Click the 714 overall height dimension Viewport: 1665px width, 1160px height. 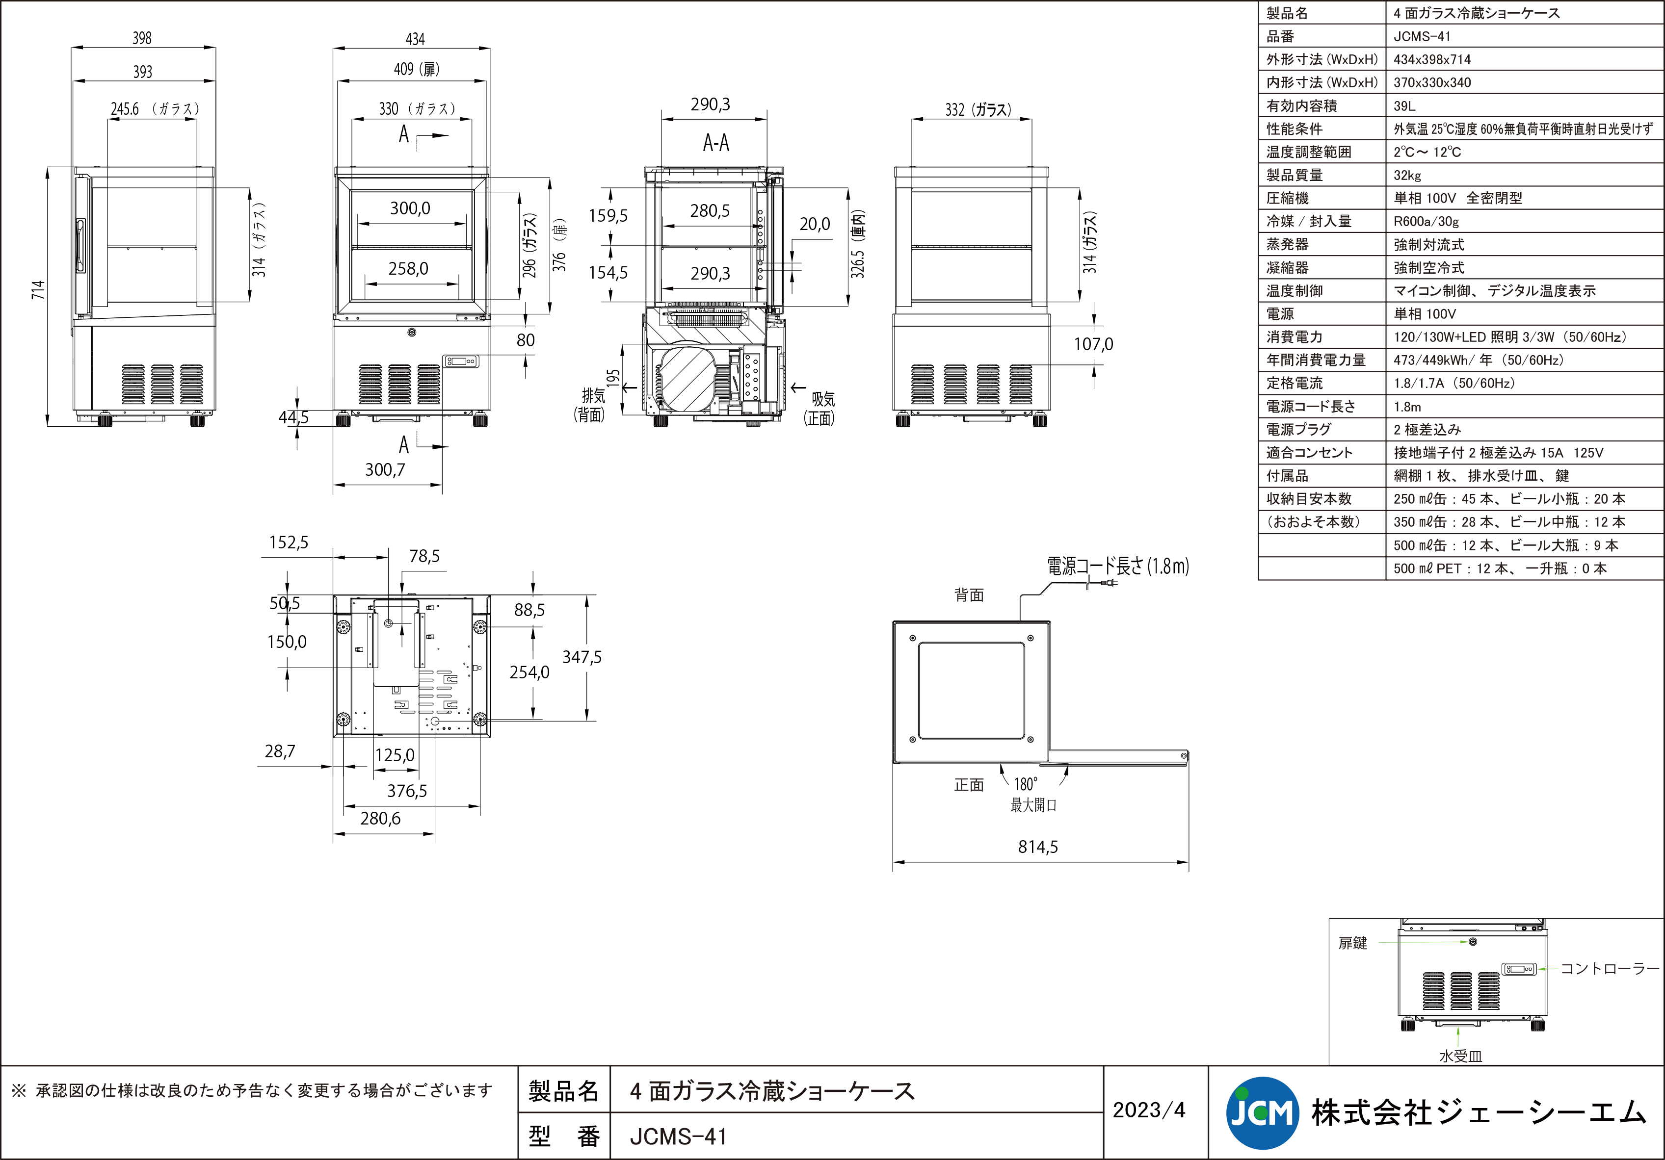pyautogui.click(x=38, y=290)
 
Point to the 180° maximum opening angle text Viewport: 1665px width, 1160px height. pyautogui.click(x=1026, y=784)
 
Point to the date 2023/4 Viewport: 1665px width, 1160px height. pyautogui.click(x=1149, y=1110)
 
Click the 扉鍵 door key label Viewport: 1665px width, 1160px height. pyautogui.click(x=1352, y=943)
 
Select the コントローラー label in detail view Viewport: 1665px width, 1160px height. pyautogui.click(x=1609, y=969)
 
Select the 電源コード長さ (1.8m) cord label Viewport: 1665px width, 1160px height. pyautogui.click(x=1117, y=566)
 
